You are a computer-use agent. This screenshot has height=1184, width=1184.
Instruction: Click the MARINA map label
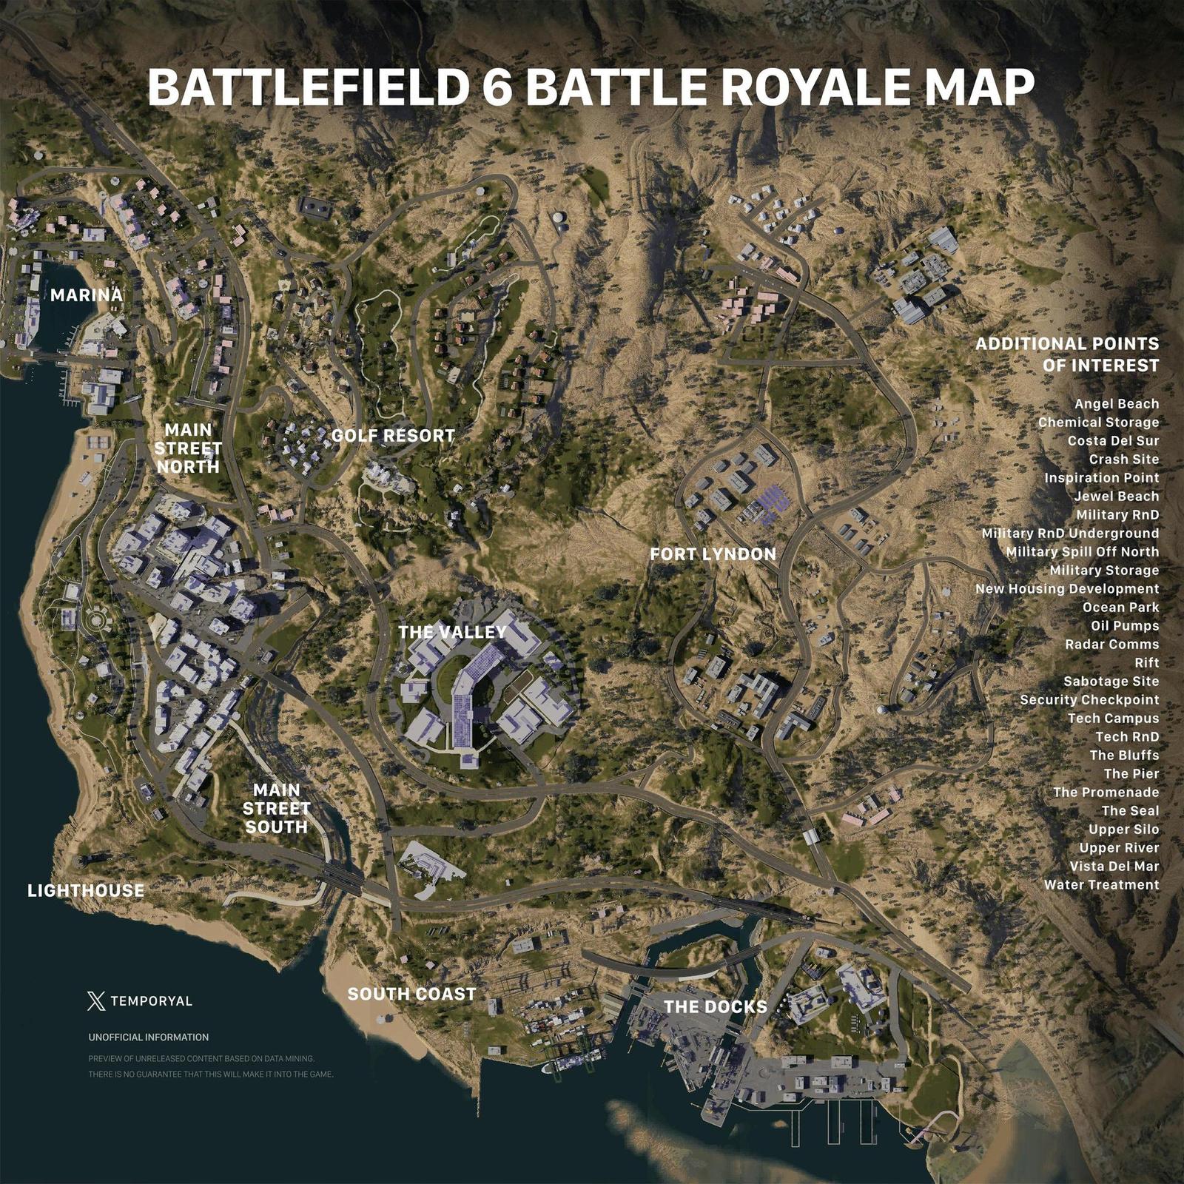click(x=86, y=295)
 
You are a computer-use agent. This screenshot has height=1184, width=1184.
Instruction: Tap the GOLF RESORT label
click(x=393, y=436)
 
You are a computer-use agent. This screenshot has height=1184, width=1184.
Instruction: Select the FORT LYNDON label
click(x=713, y=554)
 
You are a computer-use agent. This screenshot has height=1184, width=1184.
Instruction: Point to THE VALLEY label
click(x=452, y=632)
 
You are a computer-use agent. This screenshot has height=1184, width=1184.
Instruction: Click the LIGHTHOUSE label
click(x=86, y=891)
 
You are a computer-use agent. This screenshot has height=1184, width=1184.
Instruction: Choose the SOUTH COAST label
click(x=411, y=994)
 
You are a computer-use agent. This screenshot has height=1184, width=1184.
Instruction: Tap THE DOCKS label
click(x=715, y=1006)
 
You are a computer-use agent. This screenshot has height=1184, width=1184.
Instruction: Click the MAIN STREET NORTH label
click(x=188, y=448)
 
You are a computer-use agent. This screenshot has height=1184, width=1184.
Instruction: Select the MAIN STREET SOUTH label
click(x=276, y=809)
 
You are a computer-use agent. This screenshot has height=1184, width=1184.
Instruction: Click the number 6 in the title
click(x=497, y=87)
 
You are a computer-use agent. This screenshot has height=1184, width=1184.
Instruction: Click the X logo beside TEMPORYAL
click(x=96, y=1001)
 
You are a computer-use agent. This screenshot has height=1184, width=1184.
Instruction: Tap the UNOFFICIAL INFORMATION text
click(x=148, y=1037)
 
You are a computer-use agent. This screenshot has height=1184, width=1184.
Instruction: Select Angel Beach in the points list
click(x=1117, y=404)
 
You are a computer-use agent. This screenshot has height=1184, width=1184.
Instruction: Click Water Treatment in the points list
click(x=1101, y=885)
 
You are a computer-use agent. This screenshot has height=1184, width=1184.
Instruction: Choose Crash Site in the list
click(x=1123, y=460)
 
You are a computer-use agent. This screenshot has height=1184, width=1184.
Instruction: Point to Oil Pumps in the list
click(x=1125, y=626)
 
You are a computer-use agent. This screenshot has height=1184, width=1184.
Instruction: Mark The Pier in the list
click(x=1131, y=774)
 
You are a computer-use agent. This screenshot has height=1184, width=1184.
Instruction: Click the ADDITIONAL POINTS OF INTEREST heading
click(x=1067, y=354)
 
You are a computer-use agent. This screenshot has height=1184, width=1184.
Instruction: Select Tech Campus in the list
click(x=1113, y=719)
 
